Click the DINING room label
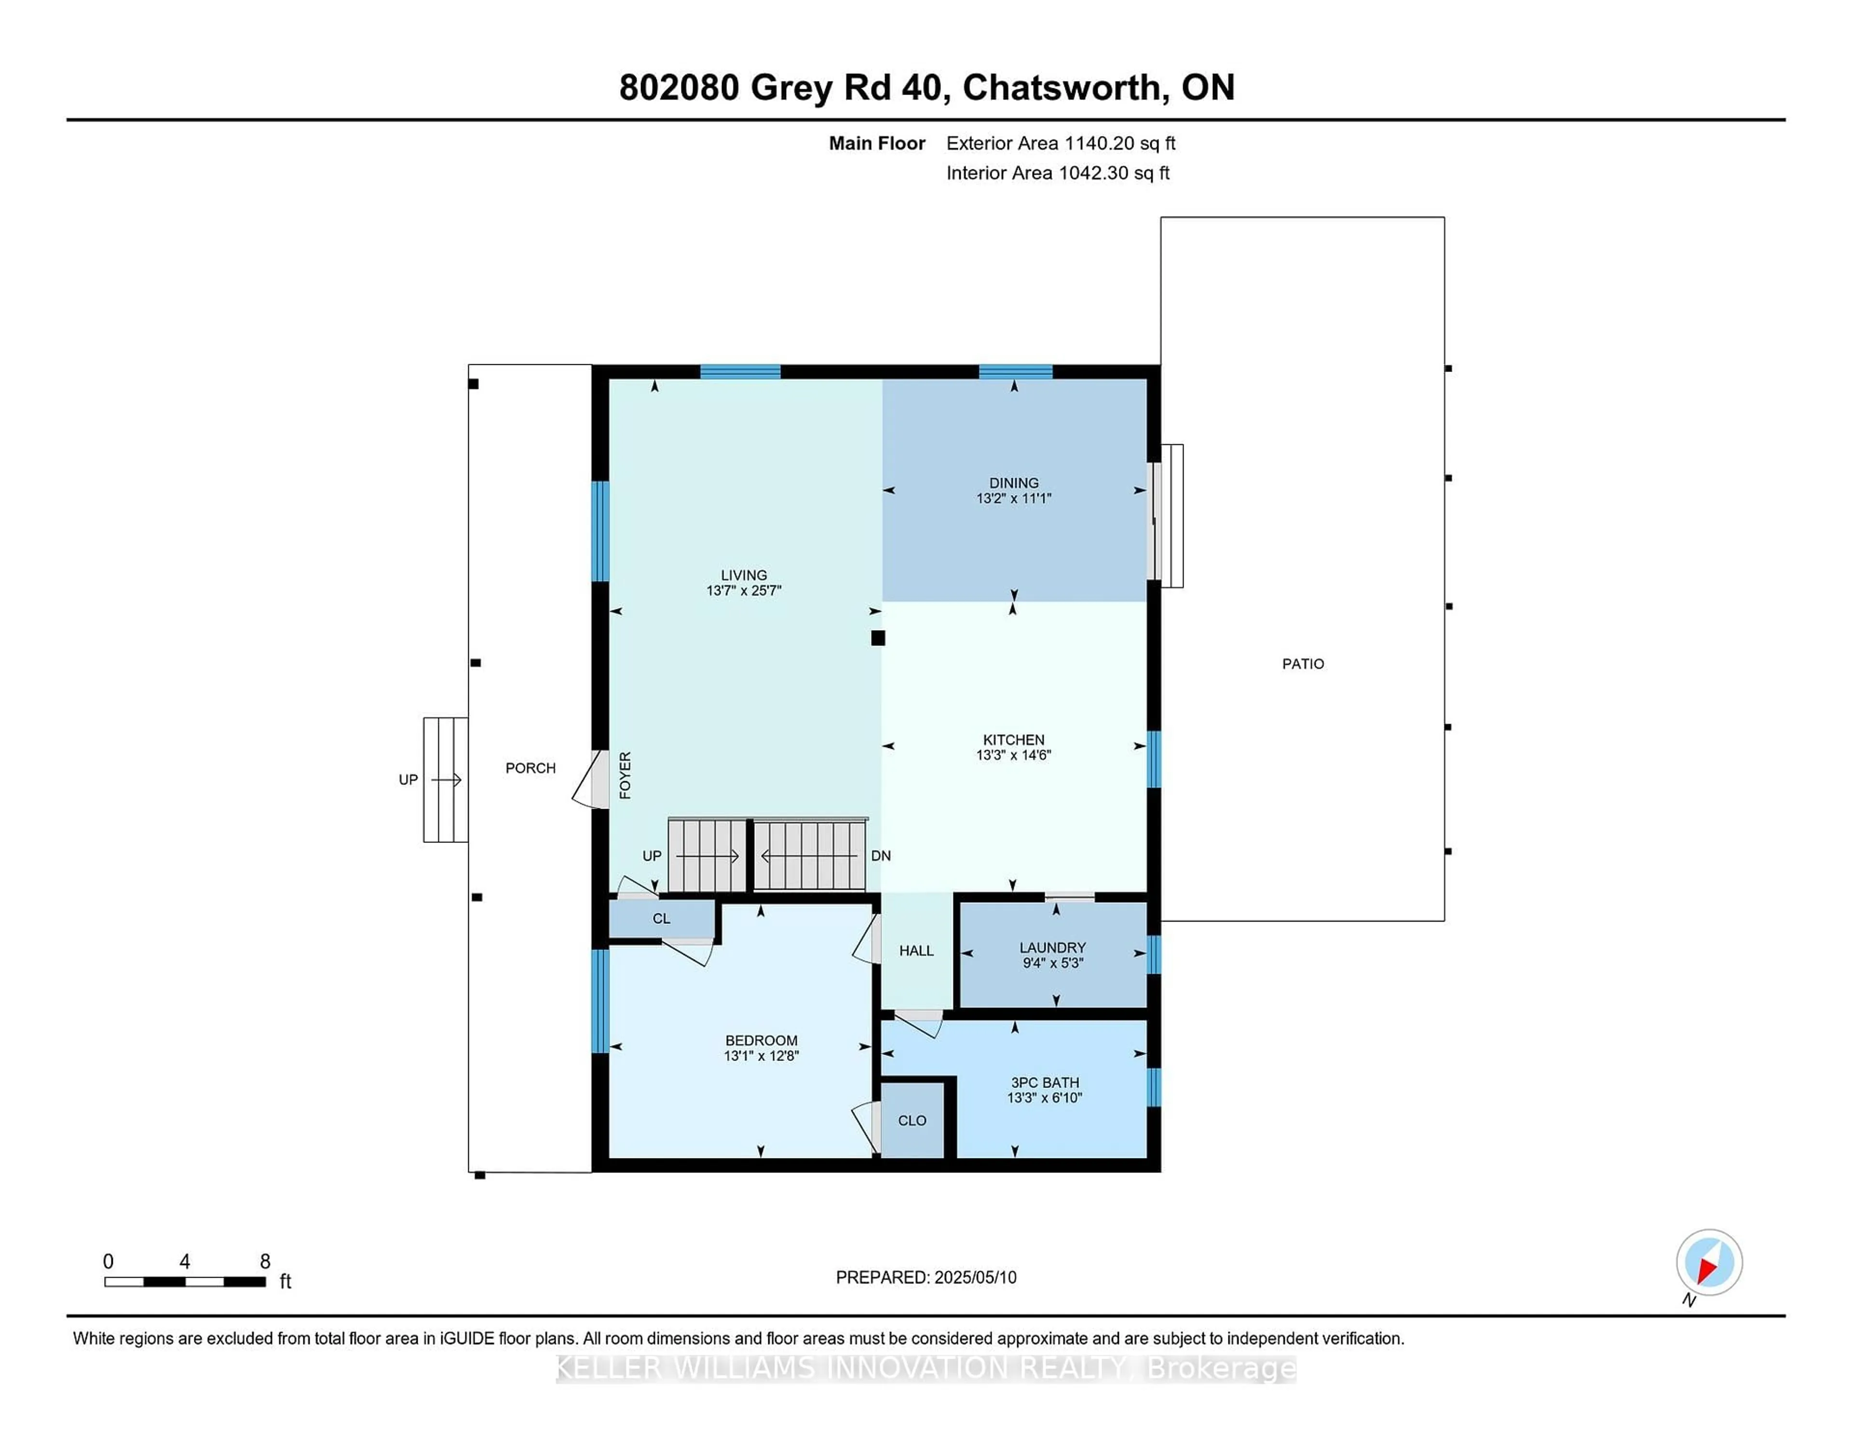pos(1013,482)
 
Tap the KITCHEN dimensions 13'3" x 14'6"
pos(1013,755)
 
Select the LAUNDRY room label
pos(1052,948)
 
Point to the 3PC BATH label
pos(1045,1083)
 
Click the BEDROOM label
pos(761,1040)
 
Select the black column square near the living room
pos(878,638)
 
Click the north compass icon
pos(1709,1262)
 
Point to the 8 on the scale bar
pos(265,1262)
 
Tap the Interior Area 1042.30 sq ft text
pos(1058,173)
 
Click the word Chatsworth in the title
pos(1062,87)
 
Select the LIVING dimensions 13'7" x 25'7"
pos(744,591)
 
